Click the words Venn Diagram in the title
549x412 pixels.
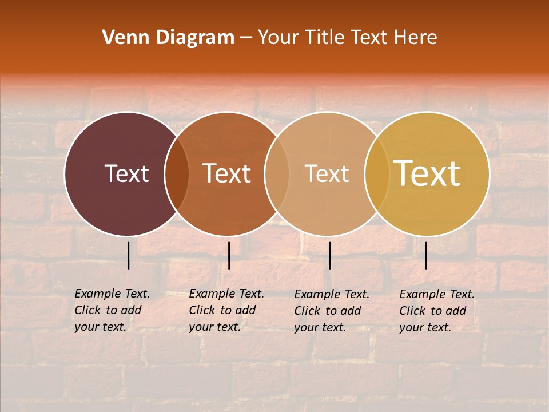tap(168, 38)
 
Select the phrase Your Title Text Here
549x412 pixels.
tap(347, 38)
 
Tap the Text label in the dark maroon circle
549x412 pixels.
tap(126, 173)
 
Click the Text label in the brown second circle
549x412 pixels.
tap(227, 173)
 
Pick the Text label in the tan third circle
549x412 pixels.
tap(327, 173)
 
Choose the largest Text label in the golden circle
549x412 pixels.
tap(427, 173)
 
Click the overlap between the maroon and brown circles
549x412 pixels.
tap(177, 174)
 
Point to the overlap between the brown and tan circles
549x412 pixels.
tap(277, 174)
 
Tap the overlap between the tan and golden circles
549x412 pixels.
tap(377, 174)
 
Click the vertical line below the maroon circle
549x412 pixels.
tap(129, 255)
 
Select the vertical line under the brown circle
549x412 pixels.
tap(229, 255)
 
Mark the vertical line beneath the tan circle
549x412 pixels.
tap(329, 255)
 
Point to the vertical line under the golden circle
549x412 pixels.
tap(425, 255)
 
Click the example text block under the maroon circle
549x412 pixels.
tap(112, 310)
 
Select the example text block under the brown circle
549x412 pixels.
tap(226, 310)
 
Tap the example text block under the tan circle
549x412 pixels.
tap(331, 311)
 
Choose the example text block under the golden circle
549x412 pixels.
tap(436, 311)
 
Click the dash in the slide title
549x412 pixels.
tap(246, 38)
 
